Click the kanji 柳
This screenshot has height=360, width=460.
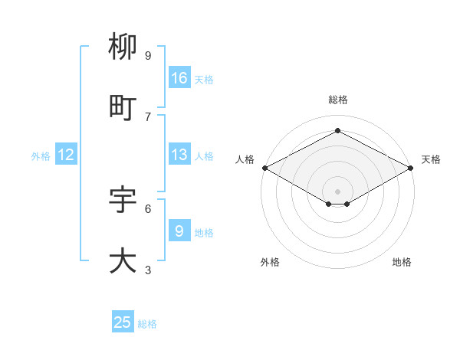click(x=123, y=47)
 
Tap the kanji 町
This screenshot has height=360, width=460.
click(x=123, y=108)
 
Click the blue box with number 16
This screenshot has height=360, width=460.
click(x=179, y=78)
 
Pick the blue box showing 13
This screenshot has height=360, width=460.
click(x=179, y=155)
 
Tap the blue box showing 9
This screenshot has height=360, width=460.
click(x=179, y=232)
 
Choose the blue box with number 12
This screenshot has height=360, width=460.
click(x=66, y=155)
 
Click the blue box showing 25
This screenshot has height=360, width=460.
click(x=123, y=322)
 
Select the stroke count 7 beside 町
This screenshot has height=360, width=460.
click(x=148, y=116)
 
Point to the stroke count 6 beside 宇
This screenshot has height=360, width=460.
click(x=148, y=208)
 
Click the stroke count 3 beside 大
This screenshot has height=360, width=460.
click(x=148, y=270)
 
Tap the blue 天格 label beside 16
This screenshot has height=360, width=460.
click(x=204, y=79)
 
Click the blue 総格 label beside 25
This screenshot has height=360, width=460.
click(x=147, y=324)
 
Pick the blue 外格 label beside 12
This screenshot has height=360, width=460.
click(x=41, y=156)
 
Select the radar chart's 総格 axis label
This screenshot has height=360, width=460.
click(x=337, y=100)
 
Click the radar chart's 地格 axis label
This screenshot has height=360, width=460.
click(x=402, y=262)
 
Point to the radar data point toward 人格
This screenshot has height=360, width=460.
click(x=264, y=168)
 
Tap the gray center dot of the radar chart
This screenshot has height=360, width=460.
click(x=337, y=190)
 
